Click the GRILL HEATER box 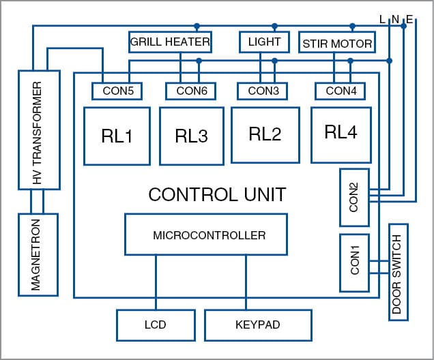(x=170, y=43)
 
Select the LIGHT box (x=260, y=42)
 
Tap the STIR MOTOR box (x=337, y=44)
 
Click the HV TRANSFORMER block (x=38, y=130)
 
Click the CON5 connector (x=113, y=91)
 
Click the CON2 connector (x=353, y=198)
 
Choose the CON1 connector (x=353, y=262)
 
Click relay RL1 (x=117, y=136)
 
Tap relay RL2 (x=265, y=134)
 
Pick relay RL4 (x=341, y=133)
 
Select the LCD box (x=156, y=325)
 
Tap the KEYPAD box (x=258, y=325)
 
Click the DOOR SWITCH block (x=398, y=271)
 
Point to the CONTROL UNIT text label (x=217, y=194)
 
